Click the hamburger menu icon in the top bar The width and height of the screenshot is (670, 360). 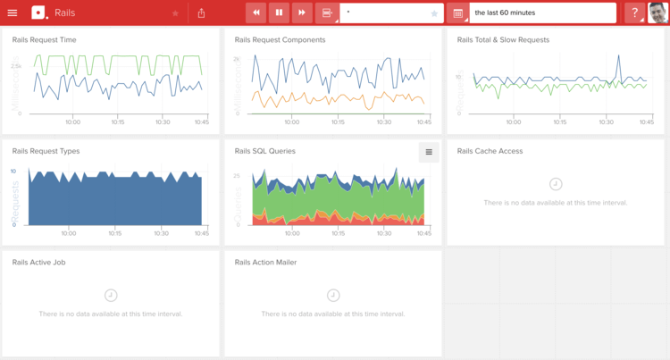tap(13, 13)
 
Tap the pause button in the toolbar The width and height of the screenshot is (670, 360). tap(279, 13)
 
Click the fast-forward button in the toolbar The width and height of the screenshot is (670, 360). tap(302, 13)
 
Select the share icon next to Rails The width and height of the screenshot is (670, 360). tap(201, 13)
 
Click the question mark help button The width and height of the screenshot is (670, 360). tap(635, 13)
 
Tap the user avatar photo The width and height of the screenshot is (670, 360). tap(658, 13)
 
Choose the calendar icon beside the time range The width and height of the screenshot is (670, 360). tap(458, 13)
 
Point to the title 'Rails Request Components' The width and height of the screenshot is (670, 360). tap(280, 40)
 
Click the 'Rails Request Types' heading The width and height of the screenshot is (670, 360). tap(46, 151)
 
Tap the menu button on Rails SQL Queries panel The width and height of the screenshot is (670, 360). tap(429, 152)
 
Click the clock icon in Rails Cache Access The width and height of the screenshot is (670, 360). tap(556, 183)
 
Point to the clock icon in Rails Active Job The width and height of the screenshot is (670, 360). tap(111, 295)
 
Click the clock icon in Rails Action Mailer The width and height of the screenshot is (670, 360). tap(333, 295)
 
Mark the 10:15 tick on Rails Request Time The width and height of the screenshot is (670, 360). tap(116, 121)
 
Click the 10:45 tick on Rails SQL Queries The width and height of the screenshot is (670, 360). tap(423, 233)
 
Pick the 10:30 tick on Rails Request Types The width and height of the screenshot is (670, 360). tap(161, 233)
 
